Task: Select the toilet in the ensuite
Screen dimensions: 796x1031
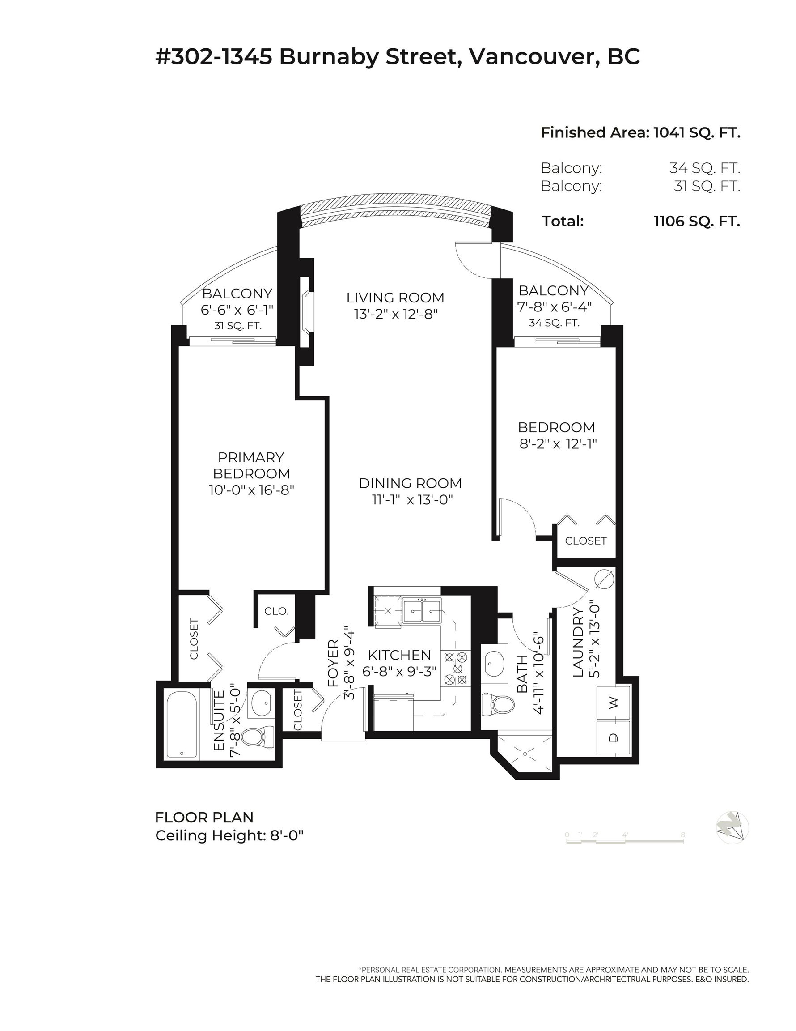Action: pyautogui.click(x=258, y=737)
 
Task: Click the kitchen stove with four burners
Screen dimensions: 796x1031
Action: pyautogui.click(x=455, y=669)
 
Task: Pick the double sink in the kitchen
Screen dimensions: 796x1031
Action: pyautogui.click(x=422, y=610)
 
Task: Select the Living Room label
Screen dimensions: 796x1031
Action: pyautogui.click(x=395, y=298)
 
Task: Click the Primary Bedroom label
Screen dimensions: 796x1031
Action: pyautogui.click(x=251, y=465)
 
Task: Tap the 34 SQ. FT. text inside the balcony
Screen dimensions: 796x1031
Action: pyautogui.click(x=554, y=323)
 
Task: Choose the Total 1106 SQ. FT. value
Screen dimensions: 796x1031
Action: pyautogui.click(x=697, y=221)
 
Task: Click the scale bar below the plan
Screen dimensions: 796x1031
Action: pyautogui.click(x=625, y=841)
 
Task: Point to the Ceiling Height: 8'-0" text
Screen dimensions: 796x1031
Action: pyautogui.click(x=229, y=835)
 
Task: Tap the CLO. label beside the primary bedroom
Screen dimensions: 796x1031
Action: pyautogui.click(x=276, y=611)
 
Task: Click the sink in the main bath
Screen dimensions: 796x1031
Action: pyautogui.click(x=494, y=661)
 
